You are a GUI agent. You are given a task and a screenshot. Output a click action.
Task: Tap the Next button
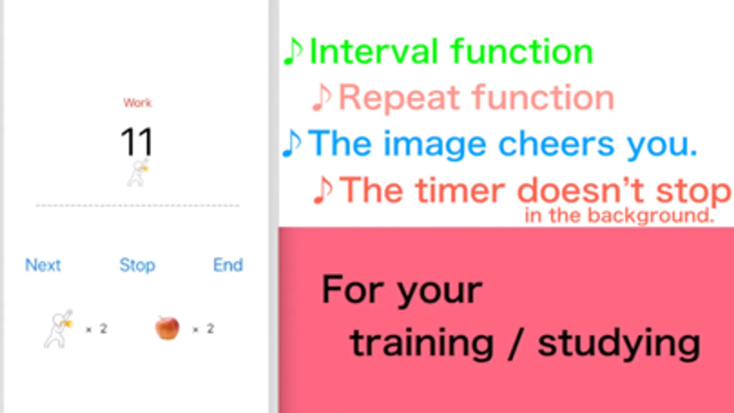tap(43, 265)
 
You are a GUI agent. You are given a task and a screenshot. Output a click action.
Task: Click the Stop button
tap(137, 265)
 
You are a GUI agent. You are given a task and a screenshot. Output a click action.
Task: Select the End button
tap(228, 265)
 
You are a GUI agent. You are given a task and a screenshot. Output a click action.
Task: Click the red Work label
tap(138, 103)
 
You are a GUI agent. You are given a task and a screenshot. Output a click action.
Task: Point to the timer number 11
tap(137, 142)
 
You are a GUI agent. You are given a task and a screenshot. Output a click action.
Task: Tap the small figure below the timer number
tap(138, 173)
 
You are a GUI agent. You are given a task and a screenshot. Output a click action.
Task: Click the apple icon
tap(167, 328)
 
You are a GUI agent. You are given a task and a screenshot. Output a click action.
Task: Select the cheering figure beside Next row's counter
tap(58, 329)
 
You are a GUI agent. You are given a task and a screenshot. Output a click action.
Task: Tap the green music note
tap(293, 51)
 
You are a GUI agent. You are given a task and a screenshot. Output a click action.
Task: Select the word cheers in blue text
tap(556, 144)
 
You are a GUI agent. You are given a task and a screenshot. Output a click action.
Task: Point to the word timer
tap(460, 190)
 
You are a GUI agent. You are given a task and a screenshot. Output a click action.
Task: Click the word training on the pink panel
tap(422, 343)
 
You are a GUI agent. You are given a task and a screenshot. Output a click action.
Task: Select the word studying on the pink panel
tap(619, 343)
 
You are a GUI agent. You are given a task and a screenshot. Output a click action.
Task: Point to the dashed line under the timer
tap(138, 206)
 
